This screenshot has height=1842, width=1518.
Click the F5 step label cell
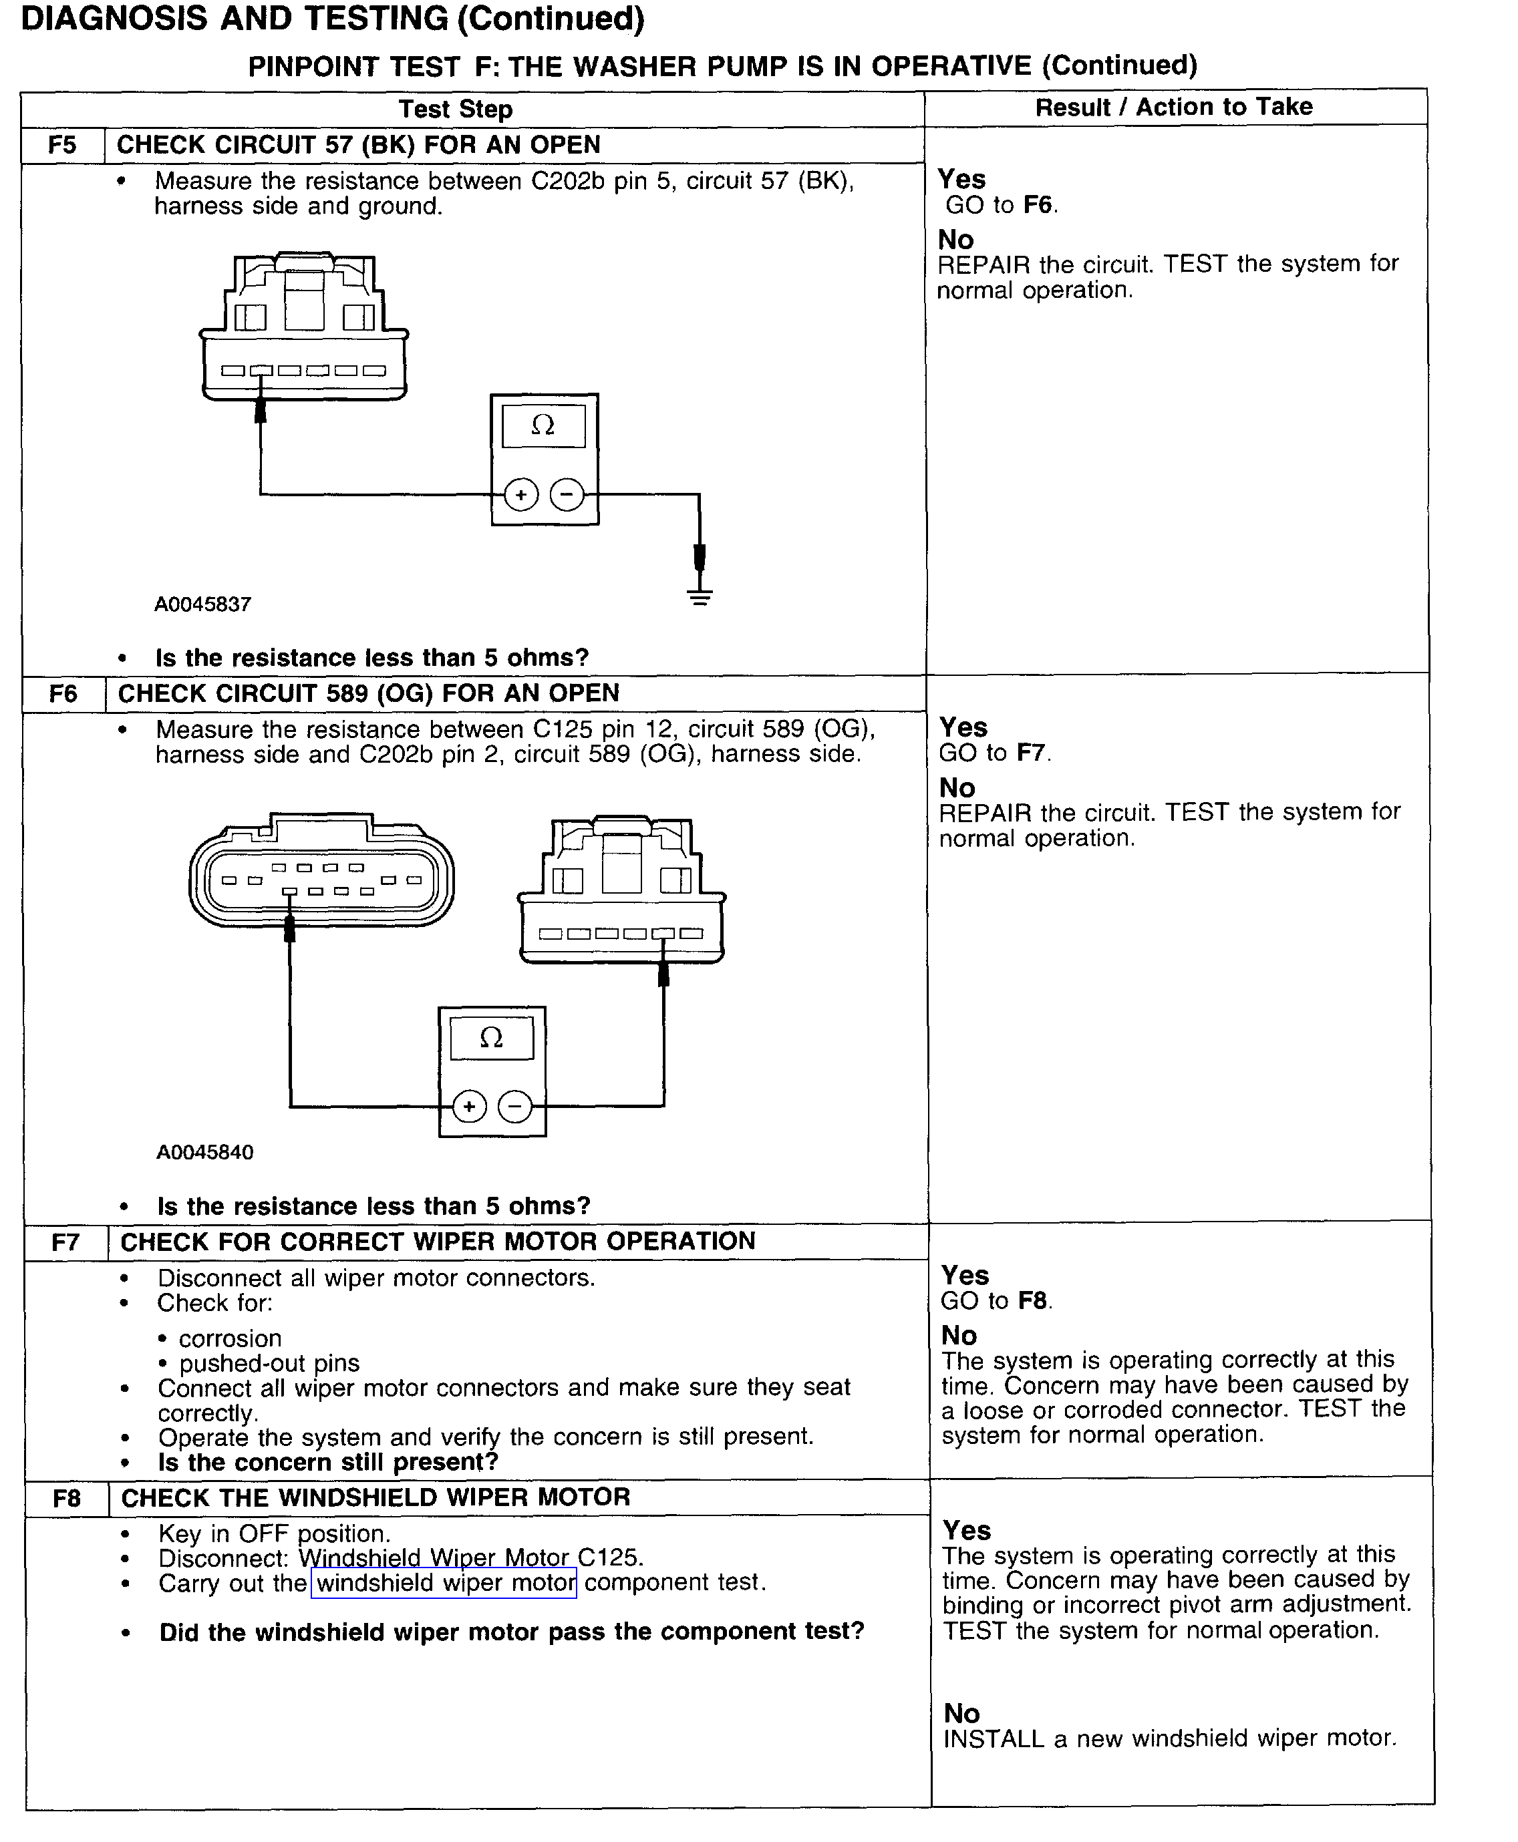pos(62,145)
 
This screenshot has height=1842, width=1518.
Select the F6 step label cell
pos(63,694)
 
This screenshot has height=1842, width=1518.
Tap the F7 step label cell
pos(65,1242)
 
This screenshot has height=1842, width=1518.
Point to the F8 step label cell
pos(66,1499)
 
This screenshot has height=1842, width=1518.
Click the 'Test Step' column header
pos(455,110)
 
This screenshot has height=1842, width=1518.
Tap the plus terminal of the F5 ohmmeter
pos(521,495)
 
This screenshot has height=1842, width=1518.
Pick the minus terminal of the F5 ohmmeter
pos(567,495)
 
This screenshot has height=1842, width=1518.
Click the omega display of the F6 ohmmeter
pos(492,1038)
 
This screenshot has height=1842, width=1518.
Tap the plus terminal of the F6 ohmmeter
pos(470,1107)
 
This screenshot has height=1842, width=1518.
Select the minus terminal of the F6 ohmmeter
pos(515,1107)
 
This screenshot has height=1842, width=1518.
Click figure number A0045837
pos(203,604)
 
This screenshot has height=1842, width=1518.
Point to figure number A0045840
pos(204,1152)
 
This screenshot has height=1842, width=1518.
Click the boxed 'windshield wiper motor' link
pos(445,1582)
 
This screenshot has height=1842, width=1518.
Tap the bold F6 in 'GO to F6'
pos(1037,204)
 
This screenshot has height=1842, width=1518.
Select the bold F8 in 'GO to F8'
pos(1033,1301)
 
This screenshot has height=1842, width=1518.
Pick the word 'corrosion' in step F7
pos(230,1338)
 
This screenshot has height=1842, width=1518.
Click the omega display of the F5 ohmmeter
pos(543,425)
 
